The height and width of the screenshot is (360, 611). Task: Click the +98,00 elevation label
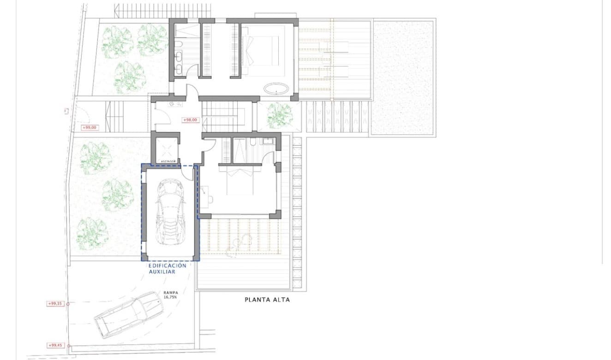pyautogui.click(x=190, y=120)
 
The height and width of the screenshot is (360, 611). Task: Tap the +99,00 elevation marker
pyautogui.click(x=89, y=127)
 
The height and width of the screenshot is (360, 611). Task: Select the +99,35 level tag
pyautogui.click(x=55, y=304)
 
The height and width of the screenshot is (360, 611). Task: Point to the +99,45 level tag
pyautogui.click(x=55, y=345)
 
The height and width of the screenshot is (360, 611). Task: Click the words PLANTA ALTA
pyautogui.click(x=267, y=300)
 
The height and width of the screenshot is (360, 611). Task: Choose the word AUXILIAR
pyautogui.click(x=162, y=272)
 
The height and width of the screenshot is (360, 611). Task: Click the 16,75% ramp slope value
pyautogui.click(x=170, y=298)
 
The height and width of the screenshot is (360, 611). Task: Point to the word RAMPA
pyautogui.click(x=170, y=292)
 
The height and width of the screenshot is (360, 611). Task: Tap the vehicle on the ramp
pyautogui.click(x=129, y=314)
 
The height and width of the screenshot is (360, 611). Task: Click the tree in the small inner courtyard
pyautogui.click(x=280, y=115)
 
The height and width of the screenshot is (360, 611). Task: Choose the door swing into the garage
pyautogui.click(x=187, y=173)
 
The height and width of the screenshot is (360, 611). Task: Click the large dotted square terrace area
pyautogui.click(x=403, y=78)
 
